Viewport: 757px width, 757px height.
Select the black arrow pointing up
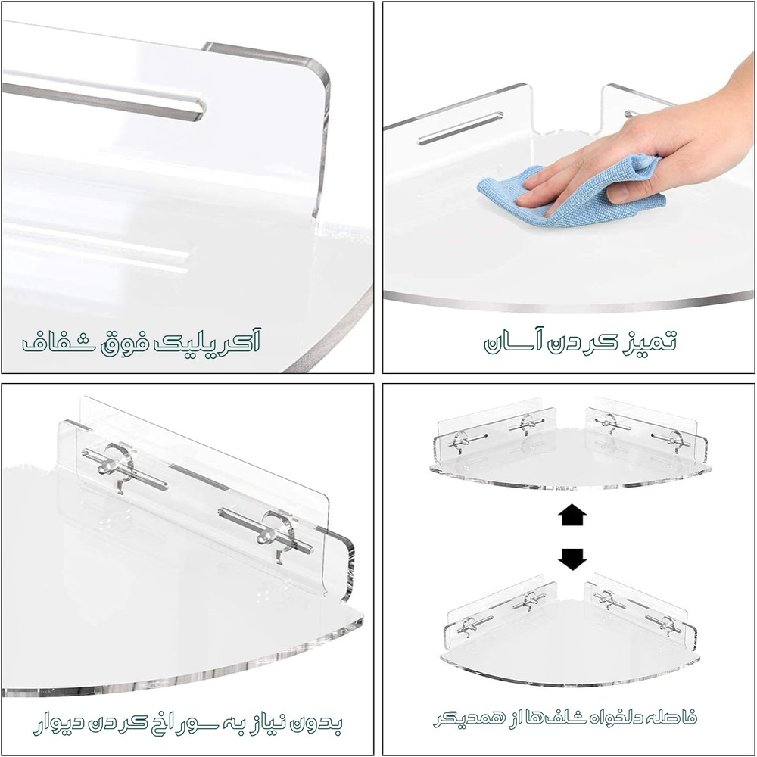(x=572, y=516)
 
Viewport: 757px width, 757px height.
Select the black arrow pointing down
(x=572, y=559)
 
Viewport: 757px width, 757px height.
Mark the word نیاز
(x=269, y=724)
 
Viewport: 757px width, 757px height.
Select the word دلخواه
(x=618, y=716)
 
